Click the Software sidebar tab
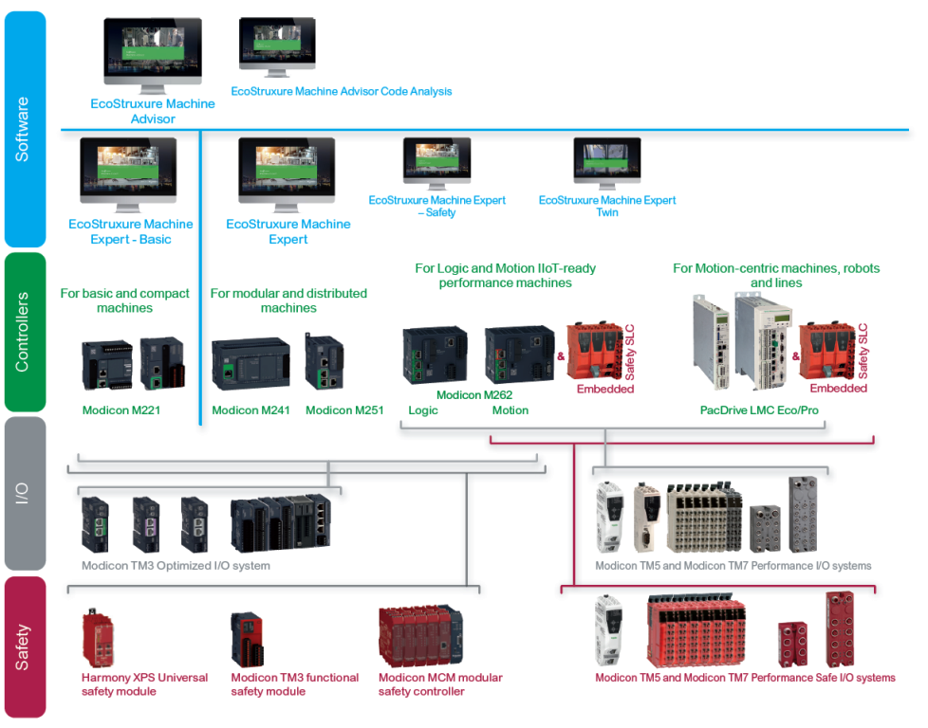pyautogui.click(x=23, y=128)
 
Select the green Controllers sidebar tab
pyautogui.click(x=23, y=331)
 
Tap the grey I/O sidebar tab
pyautogui.click(x=23, y=492)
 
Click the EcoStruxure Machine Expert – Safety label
pyautogui.click(x=436, y=206)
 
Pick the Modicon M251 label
pyautogui.click(x=344, y=410)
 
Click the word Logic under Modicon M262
pyautogui.click(x=423, y=410)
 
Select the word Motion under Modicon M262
pyautogui.click(x=510, y=410)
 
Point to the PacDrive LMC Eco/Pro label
pyautogui.click(x=758, y=410)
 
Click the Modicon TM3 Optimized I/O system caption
pyautogui.click(x=176, y=566)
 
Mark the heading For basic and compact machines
pyautogui.click(x=124, y=300)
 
